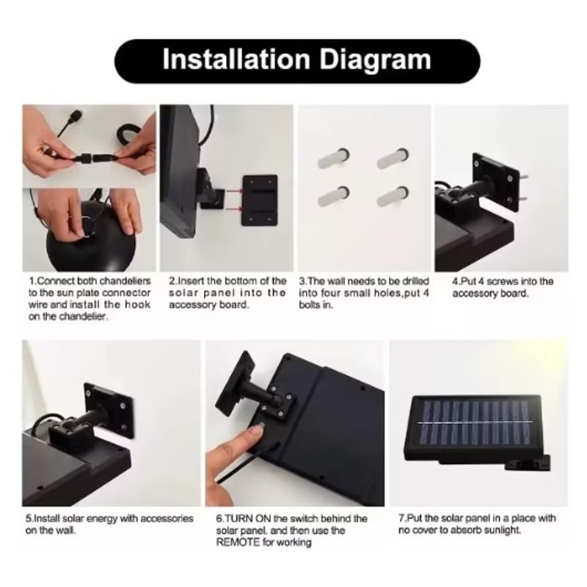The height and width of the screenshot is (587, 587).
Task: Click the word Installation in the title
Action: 236,59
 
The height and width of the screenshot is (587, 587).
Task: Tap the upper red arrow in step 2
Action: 234,191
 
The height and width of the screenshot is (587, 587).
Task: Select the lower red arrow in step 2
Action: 234,208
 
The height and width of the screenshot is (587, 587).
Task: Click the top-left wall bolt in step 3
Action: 334,158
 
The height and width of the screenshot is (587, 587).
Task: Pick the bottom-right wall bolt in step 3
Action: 393,196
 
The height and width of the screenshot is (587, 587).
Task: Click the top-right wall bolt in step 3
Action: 393,158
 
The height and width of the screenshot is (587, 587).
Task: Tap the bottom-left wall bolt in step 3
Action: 334,196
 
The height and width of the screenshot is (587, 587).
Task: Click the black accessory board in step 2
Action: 260,200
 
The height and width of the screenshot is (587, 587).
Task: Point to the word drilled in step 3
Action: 415,281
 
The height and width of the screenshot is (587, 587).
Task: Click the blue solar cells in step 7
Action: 475,423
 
